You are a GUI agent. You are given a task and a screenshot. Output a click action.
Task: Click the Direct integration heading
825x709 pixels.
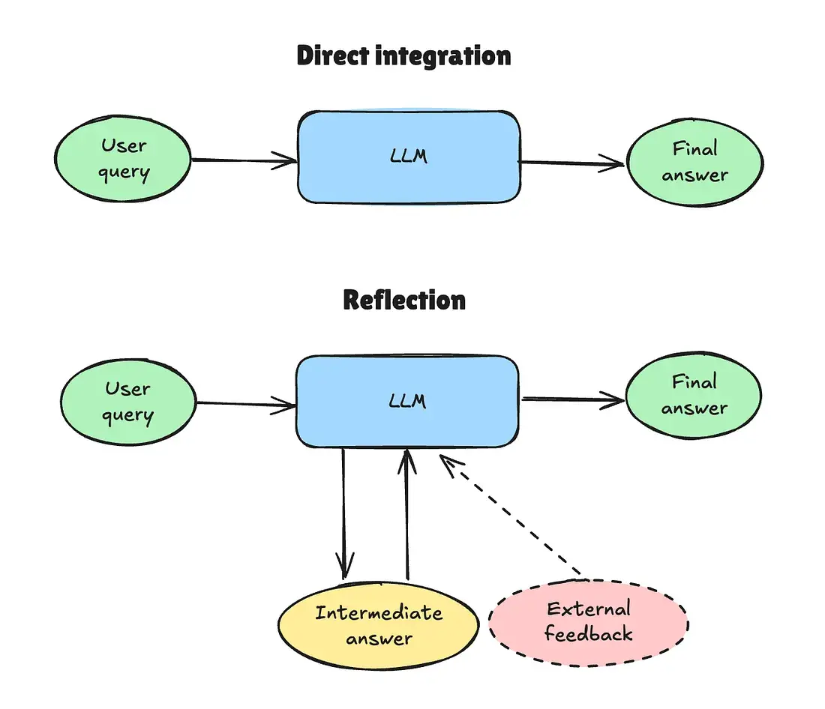click(403, 56)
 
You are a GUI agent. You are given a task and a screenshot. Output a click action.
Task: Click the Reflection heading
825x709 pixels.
click(404, 300)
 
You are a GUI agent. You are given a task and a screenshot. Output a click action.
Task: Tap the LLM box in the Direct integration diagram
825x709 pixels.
click(409, 157)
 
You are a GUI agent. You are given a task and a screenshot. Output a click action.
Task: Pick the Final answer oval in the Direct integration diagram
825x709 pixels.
click(694, 162)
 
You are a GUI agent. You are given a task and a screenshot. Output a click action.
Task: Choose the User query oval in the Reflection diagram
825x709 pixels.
click(129, 402)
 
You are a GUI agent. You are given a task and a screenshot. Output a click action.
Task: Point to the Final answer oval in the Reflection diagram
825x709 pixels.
click(694, 395)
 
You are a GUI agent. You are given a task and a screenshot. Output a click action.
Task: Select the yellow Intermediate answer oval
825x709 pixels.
click(379, 625)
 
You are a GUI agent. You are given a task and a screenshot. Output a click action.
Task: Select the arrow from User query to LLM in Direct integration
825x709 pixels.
click(244, 160)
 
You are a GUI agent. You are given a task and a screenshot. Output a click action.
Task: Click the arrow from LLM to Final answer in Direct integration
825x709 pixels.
click(571, 163)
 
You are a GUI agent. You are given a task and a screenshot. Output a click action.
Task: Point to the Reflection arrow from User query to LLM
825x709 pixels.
click(246, 405)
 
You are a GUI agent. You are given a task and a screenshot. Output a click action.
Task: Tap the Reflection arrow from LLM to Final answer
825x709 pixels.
click(573, 400)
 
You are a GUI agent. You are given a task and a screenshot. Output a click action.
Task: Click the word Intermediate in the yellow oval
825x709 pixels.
click(379, 612)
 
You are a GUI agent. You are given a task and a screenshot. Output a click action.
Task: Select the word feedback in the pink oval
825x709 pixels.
click(589, 633)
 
